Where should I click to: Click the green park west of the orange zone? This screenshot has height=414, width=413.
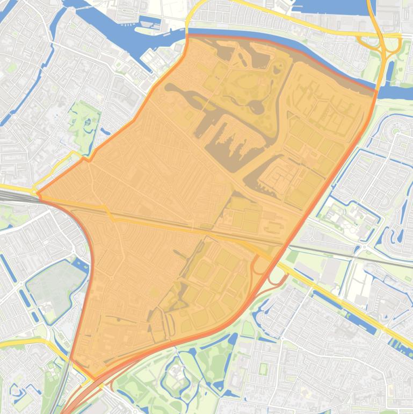[83, 121]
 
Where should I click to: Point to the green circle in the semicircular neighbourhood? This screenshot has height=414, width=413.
[396, 131]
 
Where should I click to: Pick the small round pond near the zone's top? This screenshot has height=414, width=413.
[277, 69]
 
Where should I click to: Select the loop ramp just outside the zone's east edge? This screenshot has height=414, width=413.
[278, 275]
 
